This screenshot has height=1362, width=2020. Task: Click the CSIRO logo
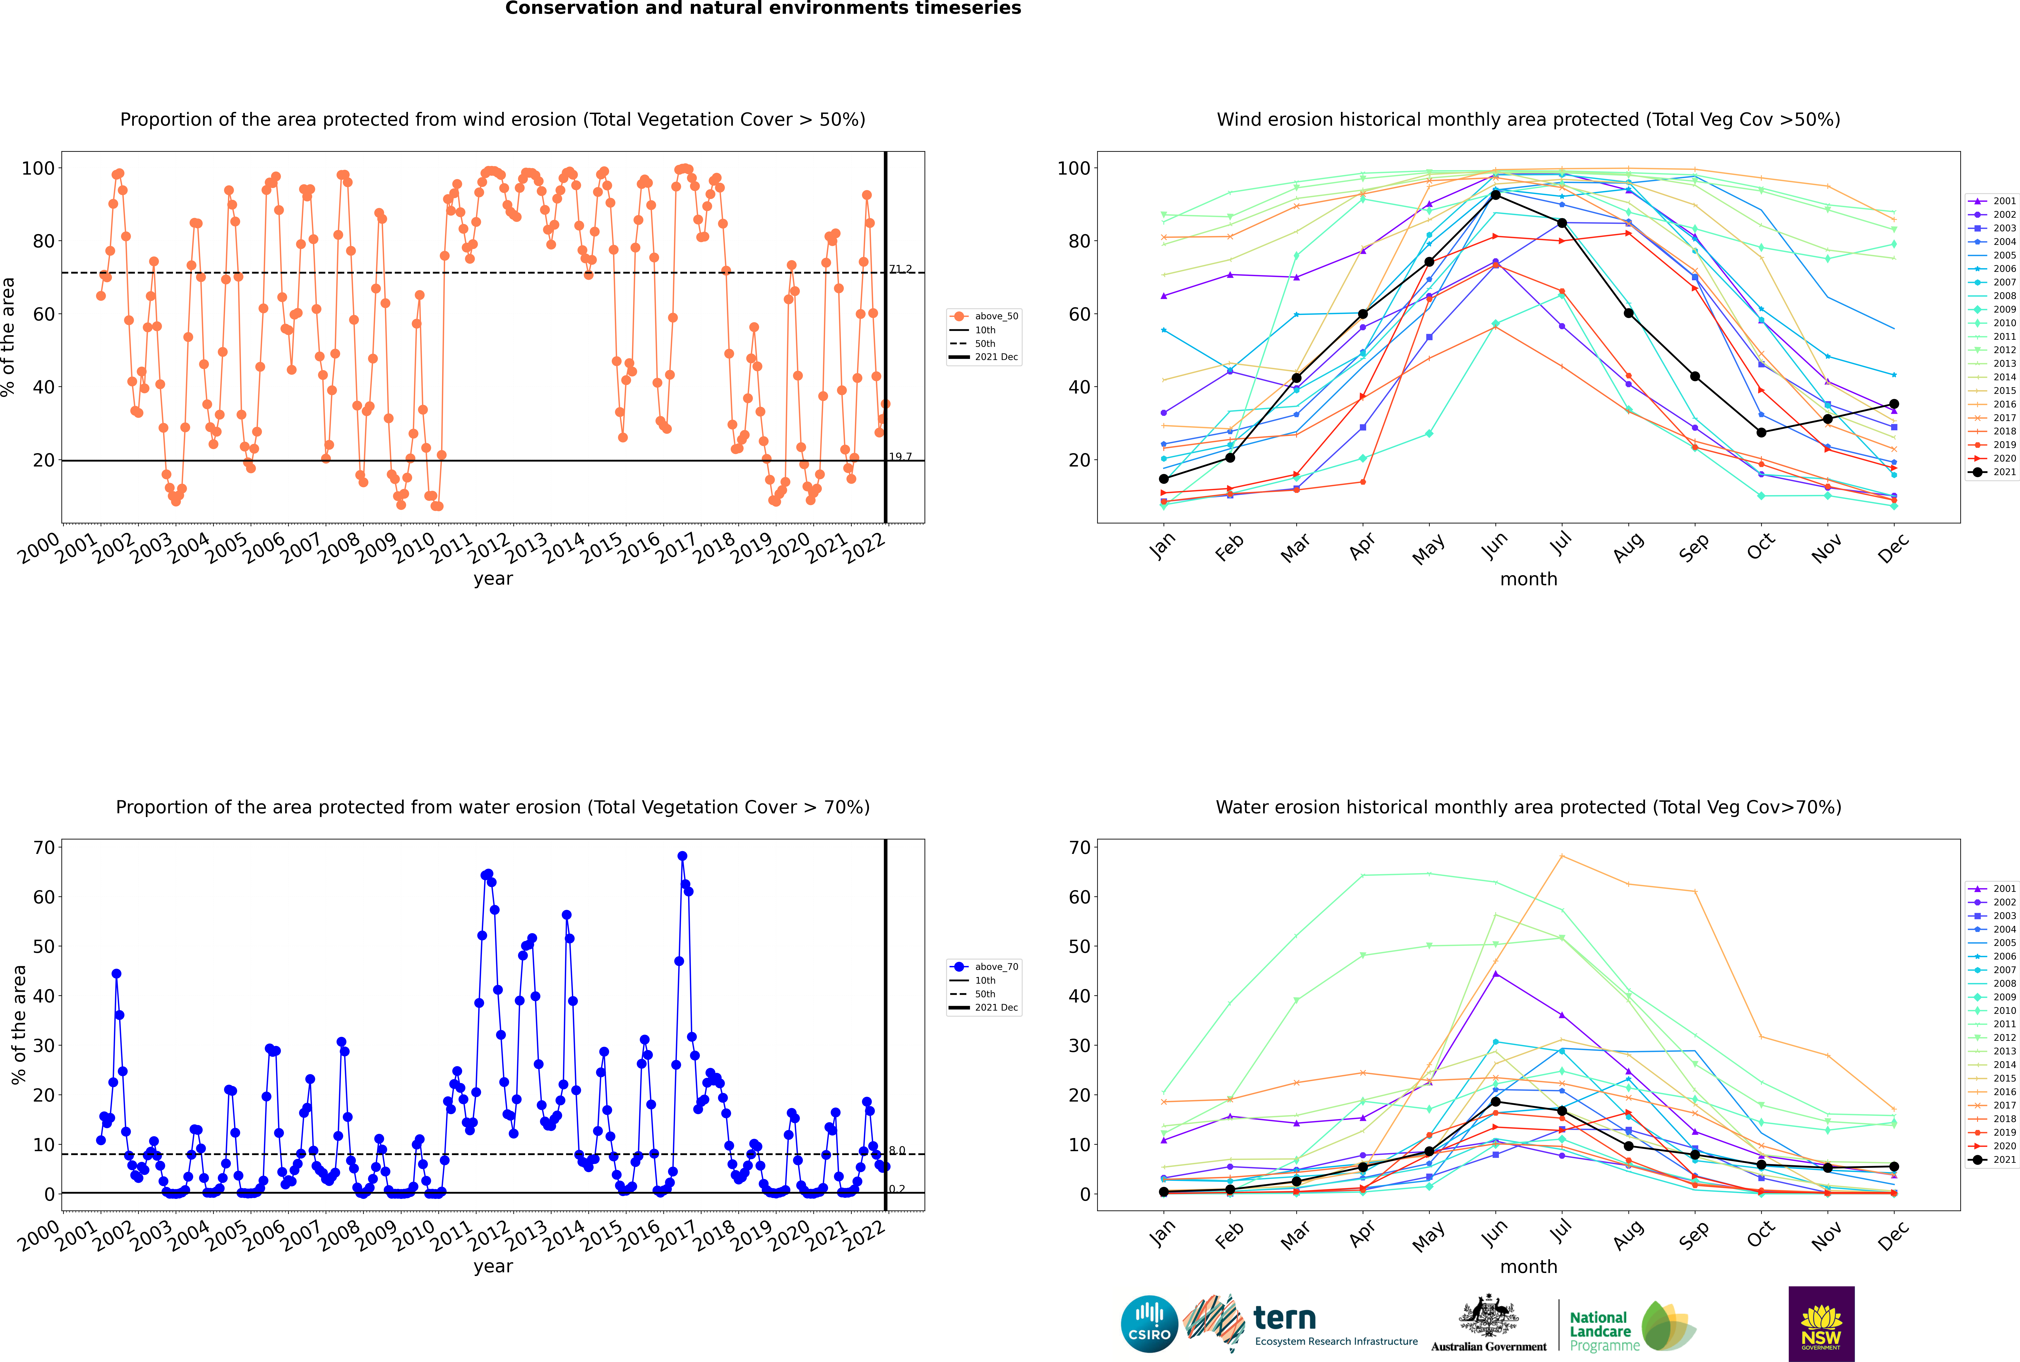coord(1149,1324)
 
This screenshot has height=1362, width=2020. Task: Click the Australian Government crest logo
coord(1489,1324)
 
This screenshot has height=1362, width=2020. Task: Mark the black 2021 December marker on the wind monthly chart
coord(1894,404)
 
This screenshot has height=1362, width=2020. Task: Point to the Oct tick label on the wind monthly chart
coord(1761,547)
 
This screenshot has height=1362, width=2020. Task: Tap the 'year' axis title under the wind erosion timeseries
coord(493,579)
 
